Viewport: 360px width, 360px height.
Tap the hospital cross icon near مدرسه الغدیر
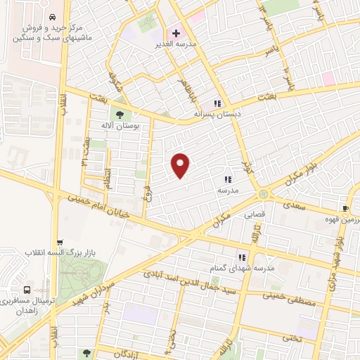(x=176, y=32)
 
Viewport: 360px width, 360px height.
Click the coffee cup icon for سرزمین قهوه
(x=345, y=208)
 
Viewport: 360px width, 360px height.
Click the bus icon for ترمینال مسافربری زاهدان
(x=27, y=290)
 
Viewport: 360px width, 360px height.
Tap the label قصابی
(x=255, y=217)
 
